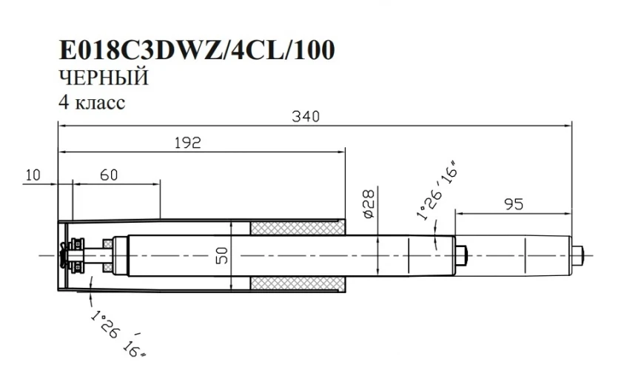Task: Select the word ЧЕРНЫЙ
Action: pos(104,77)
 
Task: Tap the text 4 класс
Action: pos(92,101)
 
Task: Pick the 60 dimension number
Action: pos(109,175)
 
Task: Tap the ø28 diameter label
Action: pos(369,201)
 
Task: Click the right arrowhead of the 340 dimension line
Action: pos(569,126)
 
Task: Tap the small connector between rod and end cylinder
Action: pos(463,254)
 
